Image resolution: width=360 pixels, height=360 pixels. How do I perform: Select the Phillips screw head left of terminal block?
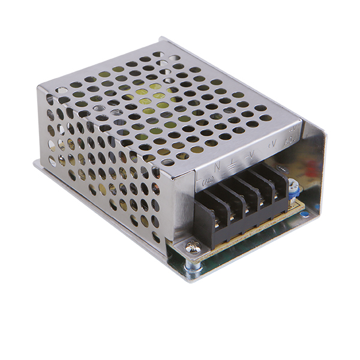[191, 245]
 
